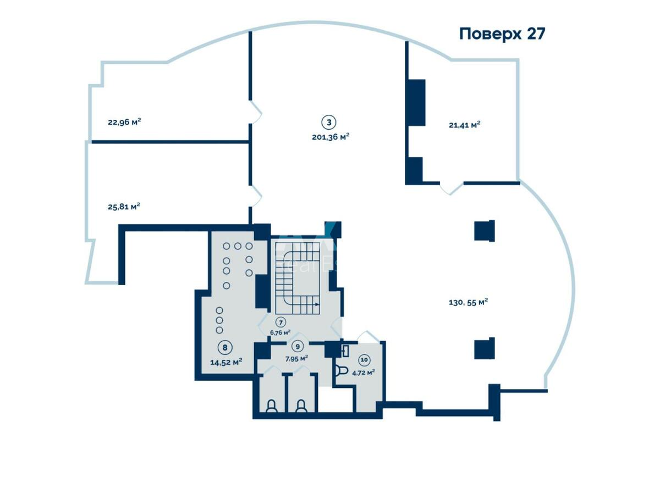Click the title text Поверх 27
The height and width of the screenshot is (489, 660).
click(x=502, y=34)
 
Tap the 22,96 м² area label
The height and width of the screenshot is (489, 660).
click(x=124, y=122)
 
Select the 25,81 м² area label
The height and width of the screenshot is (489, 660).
click(x=124, y=207)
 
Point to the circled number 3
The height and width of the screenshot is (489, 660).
click(x=328, y=122)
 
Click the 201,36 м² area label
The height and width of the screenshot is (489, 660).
click(x=331, y=137)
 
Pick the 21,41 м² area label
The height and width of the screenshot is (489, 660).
click(x=464, y=125)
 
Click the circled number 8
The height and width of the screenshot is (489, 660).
click(x=224, y=347)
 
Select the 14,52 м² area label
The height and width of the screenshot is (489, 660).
click(x=226, y=362)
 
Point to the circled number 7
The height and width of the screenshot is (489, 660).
click(x=280, y=323)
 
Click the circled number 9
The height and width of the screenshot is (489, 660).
click(x=297, y=347)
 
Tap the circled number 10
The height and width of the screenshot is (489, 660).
click(x=364, y=360)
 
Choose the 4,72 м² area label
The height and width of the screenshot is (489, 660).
click(x=364, y=372)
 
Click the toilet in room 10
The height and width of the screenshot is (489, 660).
click(x=340, y=369)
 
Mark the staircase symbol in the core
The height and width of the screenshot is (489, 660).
click(x=297, y=275)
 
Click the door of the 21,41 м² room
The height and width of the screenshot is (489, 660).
click(x=451, y=188)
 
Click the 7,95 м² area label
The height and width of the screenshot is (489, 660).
click(x=296, y=358)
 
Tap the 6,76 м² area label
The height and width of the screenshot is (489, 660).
click(x=280, y=332)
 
